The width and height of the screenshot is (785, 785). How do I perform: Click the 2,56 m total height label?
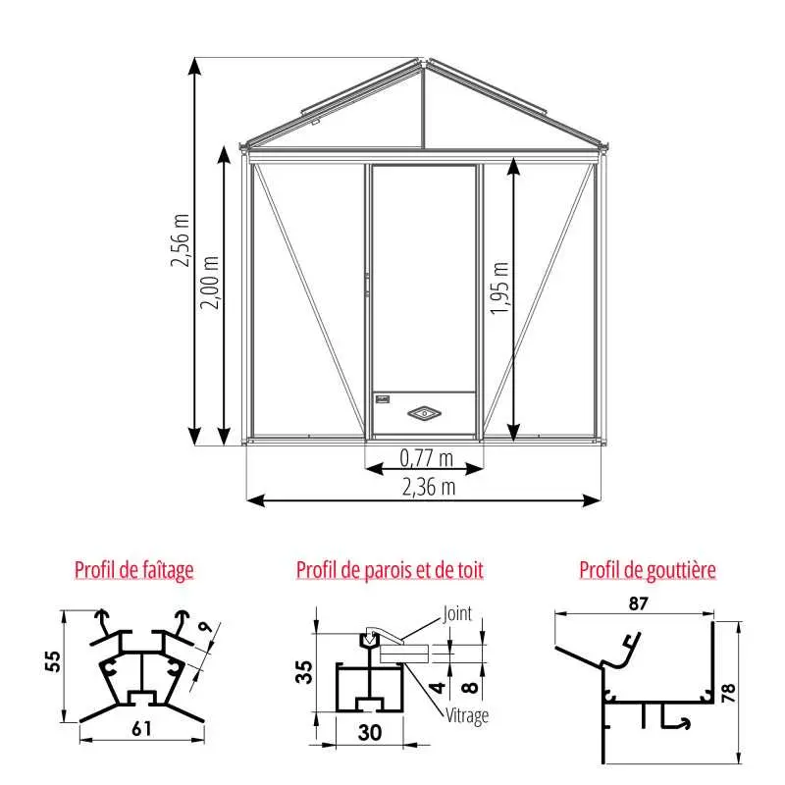click(181, 240)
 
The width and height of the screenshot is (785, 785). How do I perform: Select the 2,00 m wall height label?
click(210, 283)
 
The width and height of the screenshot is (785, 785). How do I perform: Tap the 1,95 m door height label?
click(499, 288)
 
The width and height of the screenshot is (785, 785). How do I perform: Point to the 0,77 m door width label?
click(427, 458)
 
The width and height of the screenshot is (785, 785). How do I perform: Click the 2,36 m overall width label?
click(429, 487)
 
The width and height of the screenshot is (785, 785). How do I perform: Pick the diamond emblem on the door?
click(424, 413)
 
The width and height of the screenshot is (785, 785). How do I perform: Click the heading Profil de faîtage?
click(134, 570)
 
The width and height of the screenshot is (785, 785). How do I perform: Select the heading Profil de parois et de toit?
click(390, 570)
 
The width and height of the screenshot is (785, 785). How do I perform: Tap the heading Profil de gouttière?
click(648, 570)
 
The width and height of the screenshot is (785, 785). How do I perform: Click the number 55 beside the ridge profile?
click(53, 660)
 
